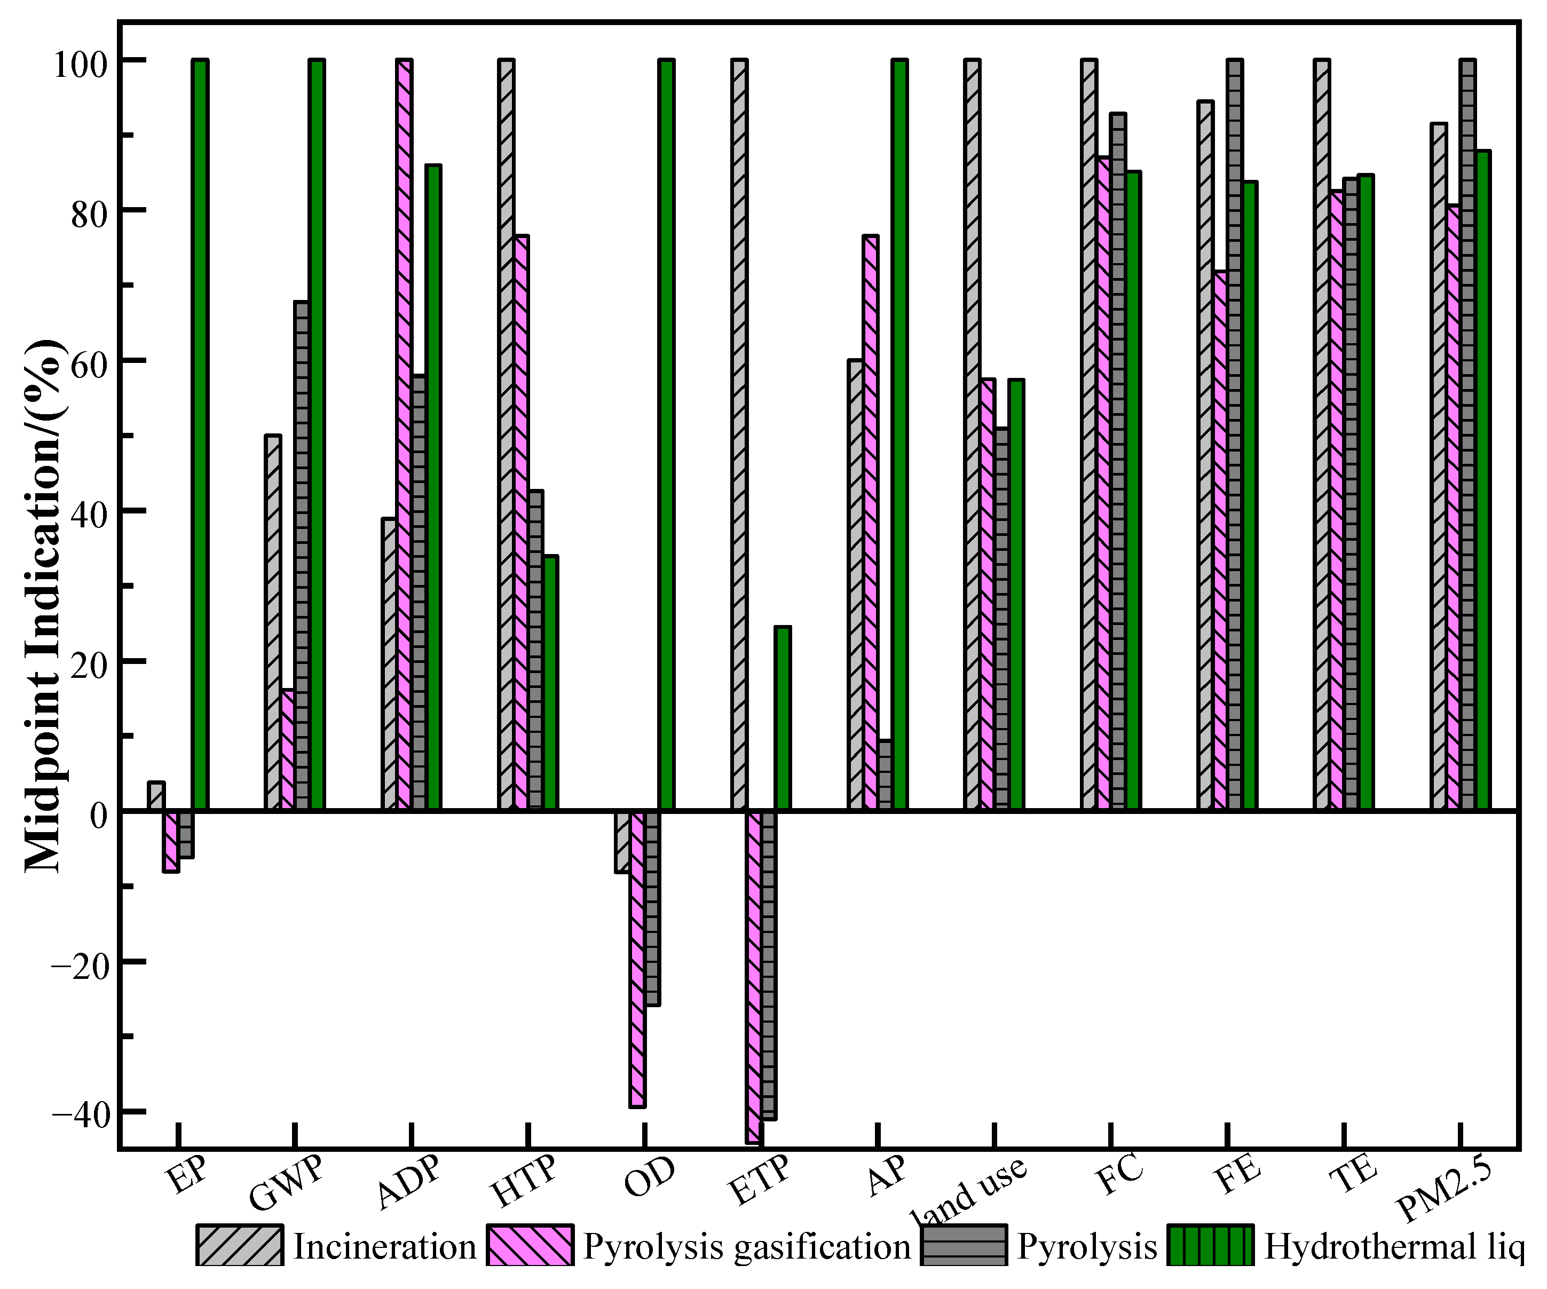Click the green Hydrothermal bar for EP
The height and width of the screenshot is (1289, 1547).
(200, 434)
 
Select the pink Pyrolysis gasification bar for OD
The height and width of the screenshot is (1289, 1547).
(637, 958)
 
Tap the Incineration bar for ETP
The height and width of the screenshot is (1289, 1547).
(739, 434)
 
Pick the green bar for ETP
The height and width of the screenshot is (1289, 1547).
(783, 719)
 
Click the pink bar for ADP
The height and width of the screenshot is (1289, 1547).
(404, 434)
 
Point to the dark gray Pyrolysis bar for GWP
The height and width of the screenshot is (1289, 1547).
(301, 556)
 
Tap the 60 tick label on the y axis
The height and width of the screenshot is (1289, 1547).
(87, 361)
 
